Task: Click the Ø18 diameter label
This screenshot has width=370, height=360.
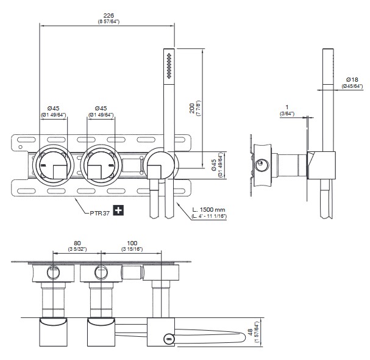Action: pyautogui.click(x=352, y=79)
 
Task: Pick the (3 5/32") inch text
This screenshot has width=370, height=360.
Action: pyautogui.click(x=77, y=249)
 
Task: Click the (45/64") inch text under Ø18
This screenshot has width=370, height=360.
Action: pyautogui.click(x=352, y=86)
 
